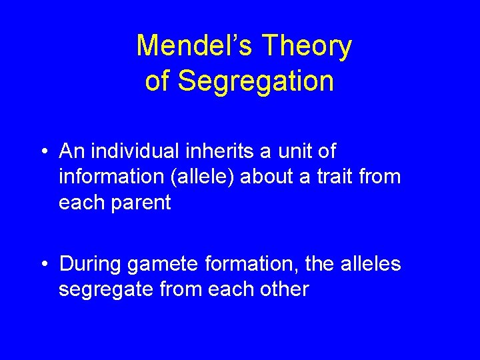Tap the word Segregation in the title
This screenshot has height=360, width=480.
coord(257,81)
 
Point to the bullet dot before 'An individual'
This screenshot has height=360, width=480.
coord(43,153)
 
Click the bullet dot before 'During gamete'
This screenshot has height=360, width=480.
coord(43,265)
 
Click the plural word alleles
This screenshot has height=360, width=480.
coord(370,264)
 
